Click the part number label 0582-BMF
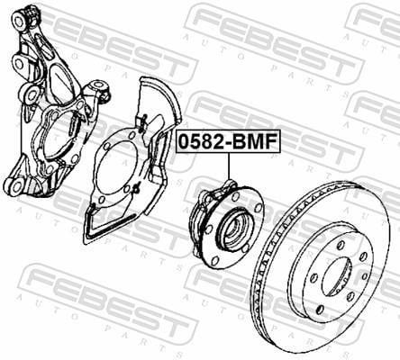(228, 141)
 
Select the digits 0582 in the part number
(201, 141)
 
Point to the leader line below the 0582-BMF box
(229, 166)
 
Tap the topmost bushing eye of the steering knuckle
(20, 21)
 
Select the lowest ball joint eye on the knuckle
(15, 187)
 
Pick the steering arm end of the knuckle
(97, 87)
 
